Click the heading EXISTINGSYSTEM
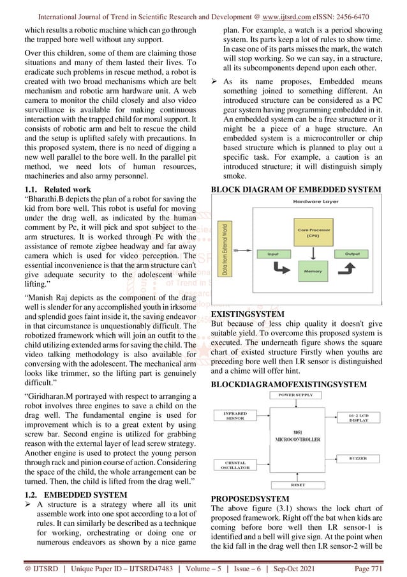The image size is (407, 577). point(248,315)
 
